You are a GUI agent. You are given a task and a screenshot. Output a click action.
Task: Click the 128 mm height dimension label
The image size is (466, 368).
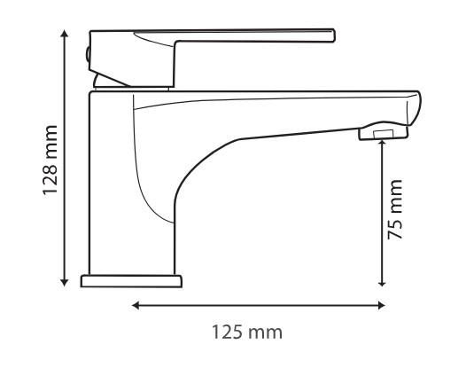coord(50,161)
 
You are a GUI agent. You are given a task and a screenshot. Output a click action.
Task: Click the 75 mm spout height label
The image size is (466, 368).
coord(395,209)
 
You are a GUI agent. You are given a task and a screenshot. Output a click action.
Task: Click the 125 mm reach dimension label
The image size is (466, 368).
coord(247,333)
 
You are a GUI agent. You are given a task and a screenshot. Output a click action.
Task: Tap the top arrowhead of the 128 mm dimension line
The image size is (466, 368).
coord(64,33)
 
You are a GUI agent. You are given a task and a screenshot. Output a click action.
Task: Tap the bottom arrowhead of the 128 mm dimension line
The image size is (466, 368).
coord(64,282)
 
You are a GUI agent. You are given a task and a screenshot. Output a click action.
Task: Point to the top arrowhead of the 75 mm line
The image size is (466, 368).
coord(383,143)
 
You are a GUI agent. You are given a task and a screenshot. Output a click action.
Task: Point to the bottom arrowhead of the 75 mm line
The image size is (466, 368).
coord(383,283)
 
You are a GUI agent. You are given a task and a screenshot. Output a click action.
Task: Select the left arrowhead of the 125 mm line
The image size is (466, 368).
coord(136,305)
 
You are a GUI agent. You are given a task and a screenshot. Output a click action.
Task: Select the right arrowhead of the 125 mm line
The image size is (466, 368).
coord(381,305)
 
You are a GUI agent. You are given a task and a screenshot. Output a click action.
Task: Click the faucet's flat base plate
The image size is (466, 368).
coord(131,281)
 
